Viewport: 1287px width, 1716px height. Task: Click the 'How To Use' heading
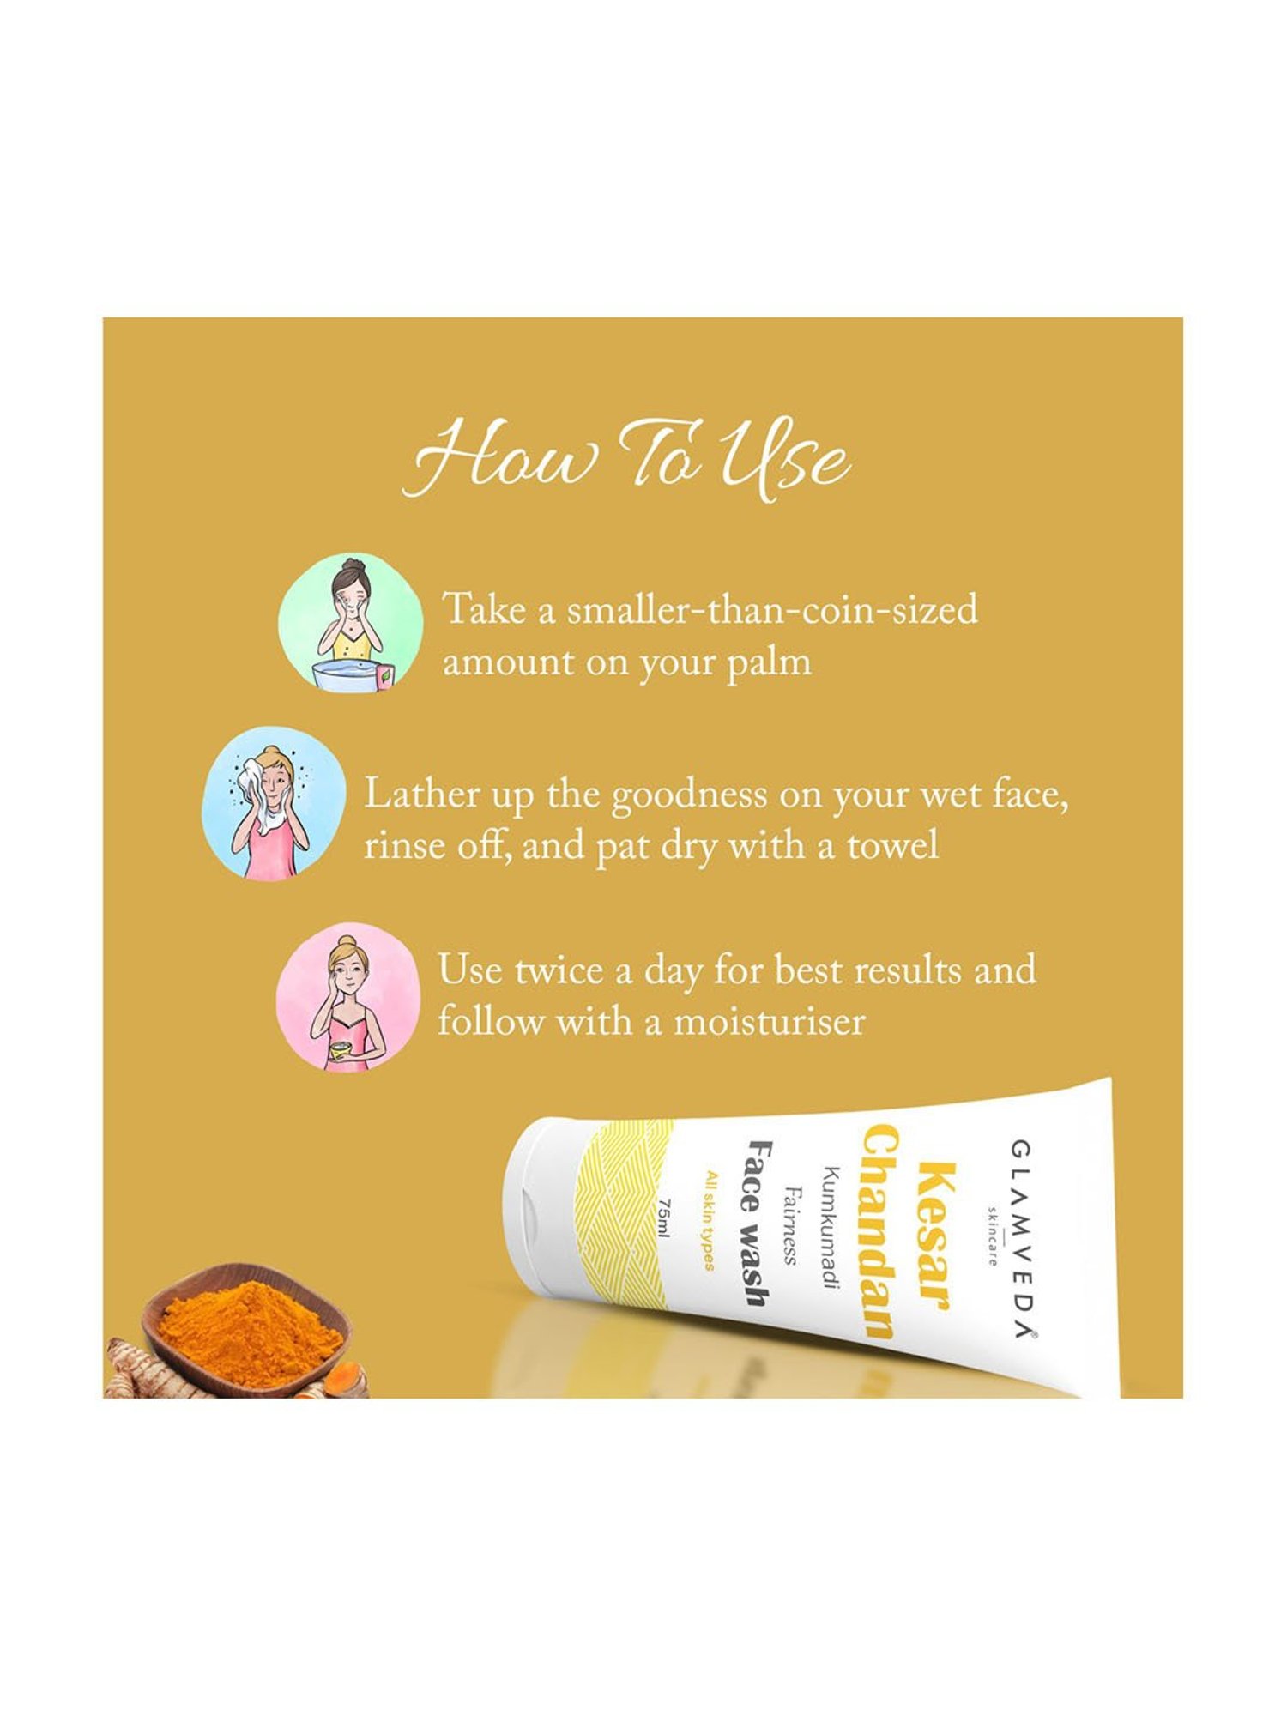point(626,459)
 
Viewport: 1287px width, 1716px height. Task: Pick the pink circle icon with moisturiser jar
point(347,997)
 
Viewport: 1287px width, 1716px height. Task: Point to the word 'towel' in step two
point(893,846)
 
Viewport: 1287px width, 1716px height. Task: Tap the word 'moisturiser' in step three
point(770,1022)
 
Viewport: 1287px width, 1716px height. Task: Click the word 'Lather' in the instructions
point(422,794)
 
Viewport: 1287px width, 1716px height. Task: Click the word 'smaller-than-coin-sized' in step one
point(771,610)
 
